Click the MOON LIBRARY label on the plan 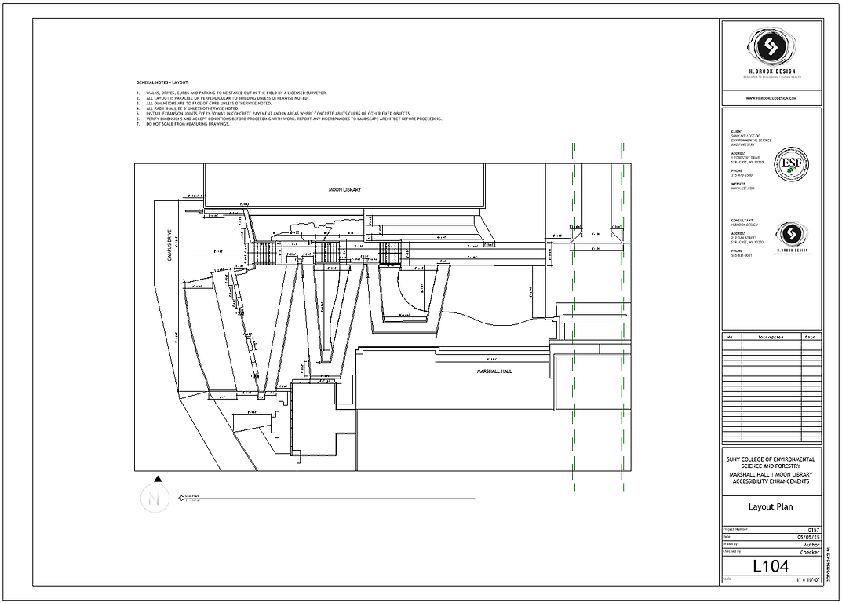point(345,190)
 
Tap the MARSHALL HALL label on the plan point(494,371)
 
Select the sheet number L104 point(771,565)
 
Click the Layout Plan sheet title point(771,507)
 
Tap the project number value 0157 point(813,530)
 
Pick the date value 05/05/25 point(809,537)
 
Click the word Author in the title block point(811,544)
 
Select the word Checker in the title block point(810,552)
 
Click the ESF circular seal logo point(791,163)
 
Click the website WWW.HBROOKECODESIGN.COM point(771,98)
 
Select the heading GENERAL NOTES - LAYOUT point(162,82)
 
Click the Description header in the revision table point(770,337)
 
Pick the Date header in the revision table point(811,337)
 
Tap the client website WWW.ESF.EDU point(742,188)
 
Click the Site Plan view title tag point(192,497)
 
